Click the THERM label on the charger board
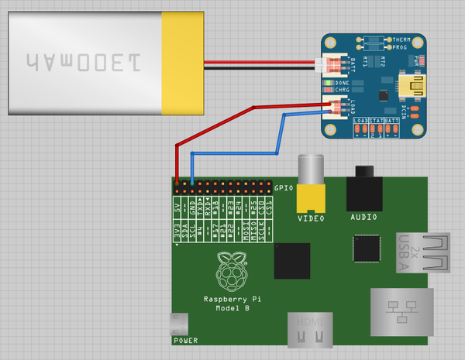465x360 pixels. pyautogui.click(x=401, y=39)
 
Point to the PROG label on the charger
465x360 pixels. pyautogui.click(x=400, y=48)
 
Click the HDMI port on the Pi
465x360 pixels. pyautogui.click(x=311, y=331)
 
